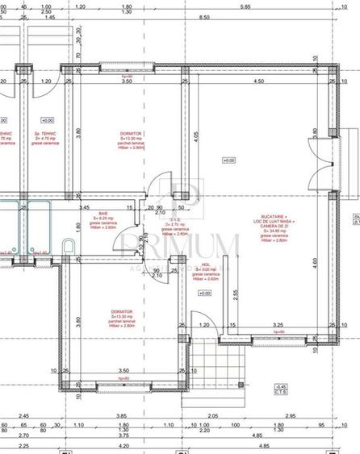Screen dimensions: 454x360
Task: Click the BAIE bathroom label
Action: click(103, 214)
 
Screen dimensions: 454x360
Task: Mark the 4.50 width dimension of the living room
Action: click(258, 81)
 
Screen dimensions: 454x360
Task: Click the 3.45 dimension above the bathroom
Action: click(82, 207)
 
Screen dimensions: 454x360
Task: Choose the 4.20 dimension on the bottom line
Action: click(123, 445)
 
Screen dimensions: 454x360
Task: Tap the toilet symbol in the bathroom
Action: click(70, 247)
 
